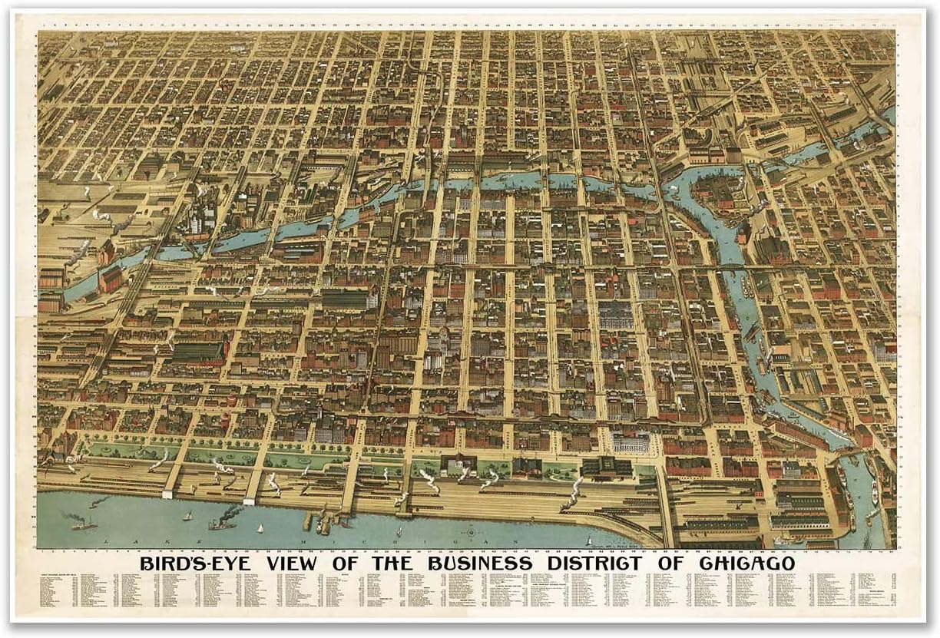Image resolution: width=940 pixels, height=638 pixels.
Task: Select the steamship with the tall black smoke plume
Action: pyautogui.click(x=223, y=523)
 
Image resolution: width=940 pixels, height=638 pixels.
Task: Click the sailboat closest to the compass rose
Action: pyautogui.click(x=399, y=532)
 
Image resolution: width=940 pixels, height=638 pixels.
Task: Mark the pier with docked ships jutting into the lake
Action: pyautogui.click(x=323, y=522)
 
